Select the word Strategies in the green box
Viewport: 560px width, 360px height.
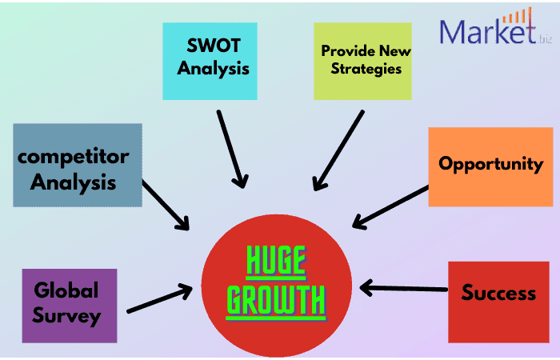(362, 68)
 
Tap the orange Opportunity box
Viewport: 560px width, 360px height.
(490, 166)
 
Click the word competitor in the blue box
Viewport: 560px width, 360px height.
(74, 155)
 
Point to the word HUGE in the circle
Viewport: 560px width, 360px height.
(275, 261)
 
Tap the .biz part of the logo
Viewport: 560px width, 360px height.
(546, 38)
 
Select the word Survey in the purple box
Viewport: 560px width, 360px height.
(67, 316)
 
